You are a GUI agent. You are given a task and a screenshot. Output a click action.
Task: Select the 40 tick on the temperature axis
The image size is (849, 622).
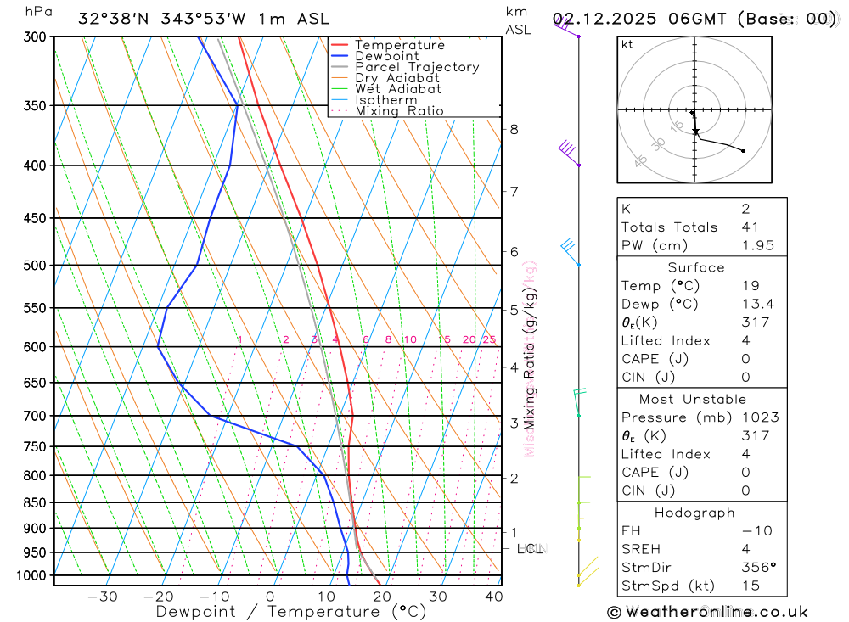point(493,597)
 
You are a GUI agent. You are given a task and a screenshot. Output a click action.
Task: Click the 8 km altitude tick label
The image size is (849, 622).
point(514,129)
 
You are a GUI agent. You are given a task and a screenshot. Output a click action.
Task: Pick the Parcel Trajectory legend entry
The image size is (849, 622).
point(417,67)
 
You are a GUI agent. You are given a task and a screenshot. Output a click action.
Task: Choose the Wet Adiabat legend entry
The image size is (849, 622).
point(398,89)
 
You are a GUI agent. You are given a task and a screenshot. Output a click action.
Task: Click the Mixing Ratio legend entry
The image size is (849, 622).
point(399,111)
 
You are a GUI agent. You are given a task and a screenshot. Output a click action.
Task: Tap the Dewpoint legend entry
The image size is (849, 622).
point(387,56)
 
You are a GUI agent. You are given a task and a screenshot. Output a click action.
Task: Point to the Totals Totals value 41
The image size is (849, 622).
point(750,227)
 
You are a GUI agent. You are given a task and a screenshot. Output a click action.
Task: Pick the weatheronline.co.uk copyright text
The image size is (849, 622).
point(708,612)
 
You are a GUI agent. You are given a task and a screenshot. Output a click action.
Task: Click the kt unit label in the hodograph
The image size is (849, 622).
point(627,45)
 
